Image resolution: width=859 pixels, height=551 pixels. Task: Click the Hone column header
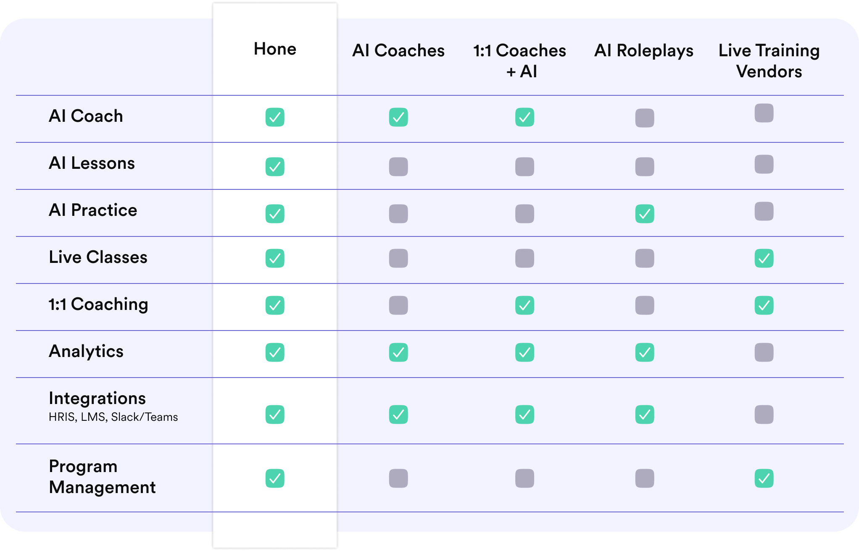pyautogui.click(x=275, y=49)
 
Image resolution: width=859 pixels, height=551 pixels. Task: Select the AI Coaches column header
pyautogui.click(x=398, y=50)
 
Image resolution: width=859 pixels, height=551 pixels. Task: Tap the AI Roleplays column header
pyautogui.click(x=643, y=50)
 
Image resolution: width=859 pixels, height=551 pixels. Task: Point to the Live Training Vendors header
pyautogui.click(x=769, y=60)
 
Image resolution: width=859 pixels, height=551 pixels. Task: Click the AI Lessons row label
pyautogui.click(x=92, y=163)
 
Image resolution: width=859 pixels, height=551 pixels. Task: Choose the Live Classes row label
pyautogui.click(x=98, y=257)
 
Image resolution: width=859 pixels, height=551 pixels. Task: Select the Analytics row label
pyautogui.click(x=86, y=351)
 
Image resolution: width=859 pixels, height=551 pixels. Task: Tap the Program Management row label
pyautogui.click(x=102, y=477)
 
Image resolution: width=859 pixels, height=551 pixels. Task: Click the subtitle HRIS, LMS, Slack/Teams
pyautogui.click(x=113, y=417)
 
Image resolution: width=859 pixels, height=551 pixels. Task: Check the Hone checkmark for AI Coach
pyautogui.click(x=275, y=117)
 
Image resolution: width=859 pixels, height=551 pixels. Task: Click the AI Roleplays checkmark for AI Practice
pyautogui.click(x=644, y=214)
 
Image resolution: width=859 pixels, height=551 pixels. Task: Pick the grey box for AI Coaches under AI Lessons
pyautogui.click(x=398, y=167)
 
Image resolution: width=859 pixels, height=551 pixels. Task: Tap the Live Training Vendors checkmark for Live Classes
pyautogui.click(x=764, y=258)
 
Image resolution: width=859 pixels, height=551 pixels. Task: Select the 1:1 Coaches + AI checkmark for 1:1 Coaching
pyautogui.click(x=524, y=305)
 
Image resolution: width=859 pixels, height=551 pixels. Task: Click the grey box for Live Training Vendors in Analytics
pyautogui.click(x=764, y=352)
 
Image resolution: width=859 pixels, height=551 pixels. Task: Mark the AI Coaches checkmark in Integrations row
pyautogui.click(x=398, y=415)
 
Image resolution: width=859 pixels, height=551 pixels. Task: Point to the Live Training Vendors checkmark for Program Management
pyautogui.click(x=764, y=478)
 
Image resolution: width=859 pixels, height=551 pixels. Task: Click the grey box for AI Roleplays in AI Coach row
pyautogui.click(x=644, y=118)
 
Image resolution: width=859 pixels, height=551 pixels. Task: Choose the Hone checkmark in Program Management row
pyautogui.click(x=275, y=478)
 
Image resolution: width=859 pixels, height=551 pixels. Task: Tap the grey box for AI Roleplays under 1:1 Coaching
pyautogui.click(x=644, y=305)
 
